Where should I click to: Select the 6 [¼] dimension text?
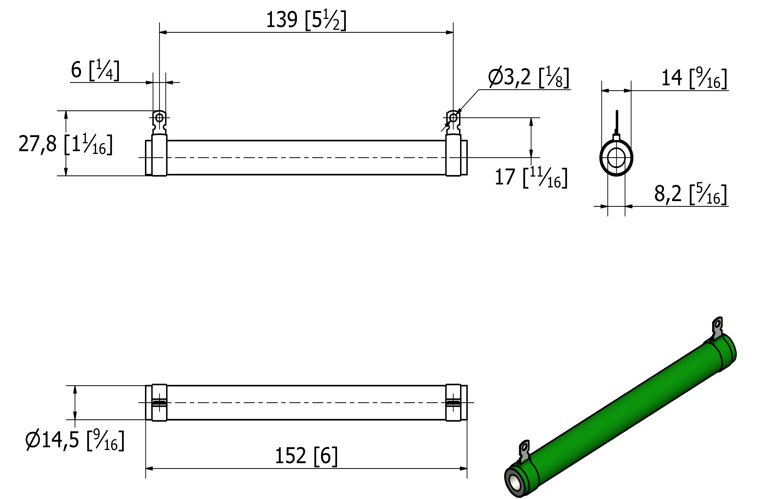click(95, 70)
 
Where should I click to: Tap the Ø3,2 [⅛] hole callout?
click(529, 77)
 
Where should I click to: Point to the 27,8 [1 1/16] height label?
click(66, 144)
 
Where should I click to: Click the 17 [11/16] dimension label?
click(531, 177)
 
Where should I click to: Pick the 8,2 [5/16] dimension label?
click(691, 194)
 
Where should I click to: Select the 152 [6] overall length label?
click(306, 456)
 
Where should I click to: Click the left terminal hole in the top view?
click(159, 118)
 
